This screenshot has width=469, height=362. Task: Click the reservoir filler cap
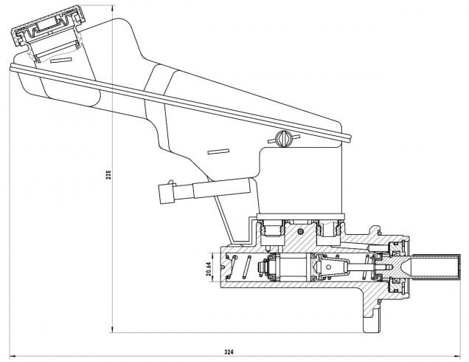click(46, 33)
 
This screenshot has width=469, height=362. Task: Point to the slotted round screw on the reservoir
click(282, 137)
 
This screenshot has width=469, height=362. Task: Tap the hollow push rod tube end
click(440, 270)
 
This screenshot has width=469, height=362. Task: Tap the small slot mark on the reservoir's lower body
click(218, 152)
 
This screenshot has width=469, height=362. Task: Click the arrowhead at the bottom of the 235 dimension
click(113, 329)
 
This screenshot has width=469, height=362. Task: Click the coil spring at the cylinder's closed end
click(248, 266)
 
